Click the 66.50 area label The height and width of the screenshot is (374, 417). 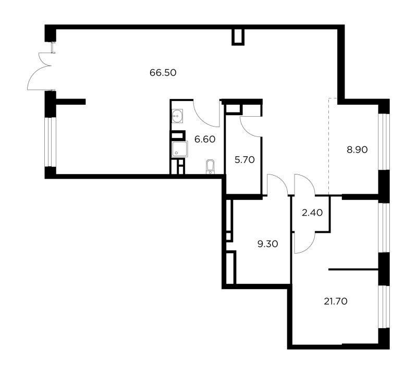tap(163, 72)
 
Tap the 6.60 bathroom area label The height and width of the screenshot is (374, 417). tap(205, 139)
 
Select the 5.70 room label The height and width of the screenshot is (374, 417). tap(244, 159)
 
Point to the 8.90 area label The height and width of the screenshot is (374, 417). tap(357, 149)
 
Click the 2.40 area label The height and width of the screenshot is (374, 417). tap(312, 213)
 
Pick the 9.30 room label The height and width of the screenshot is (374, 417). tap(268, 244)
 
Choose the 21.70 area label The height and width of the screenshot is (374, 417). tap(336, 302)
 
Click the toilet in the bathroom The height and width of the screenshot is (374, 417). tap(210, 167)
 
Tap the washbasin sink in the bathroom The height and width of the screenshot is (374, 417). tap(177, 116)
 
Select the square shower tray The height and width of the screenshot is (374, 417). tap(180, 149)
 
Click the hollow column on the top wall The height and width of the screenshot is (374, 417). tap(238, 37)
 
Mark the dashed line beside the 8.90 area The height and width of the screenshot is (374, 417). tap(329, 146)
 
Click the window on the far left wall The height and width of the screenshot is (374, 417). tap(50, 142)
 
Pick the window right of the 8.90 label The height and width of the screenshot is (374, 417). tap(384, 142)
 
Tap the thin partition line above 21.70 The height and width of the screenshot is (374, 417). tap(353, 269)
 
